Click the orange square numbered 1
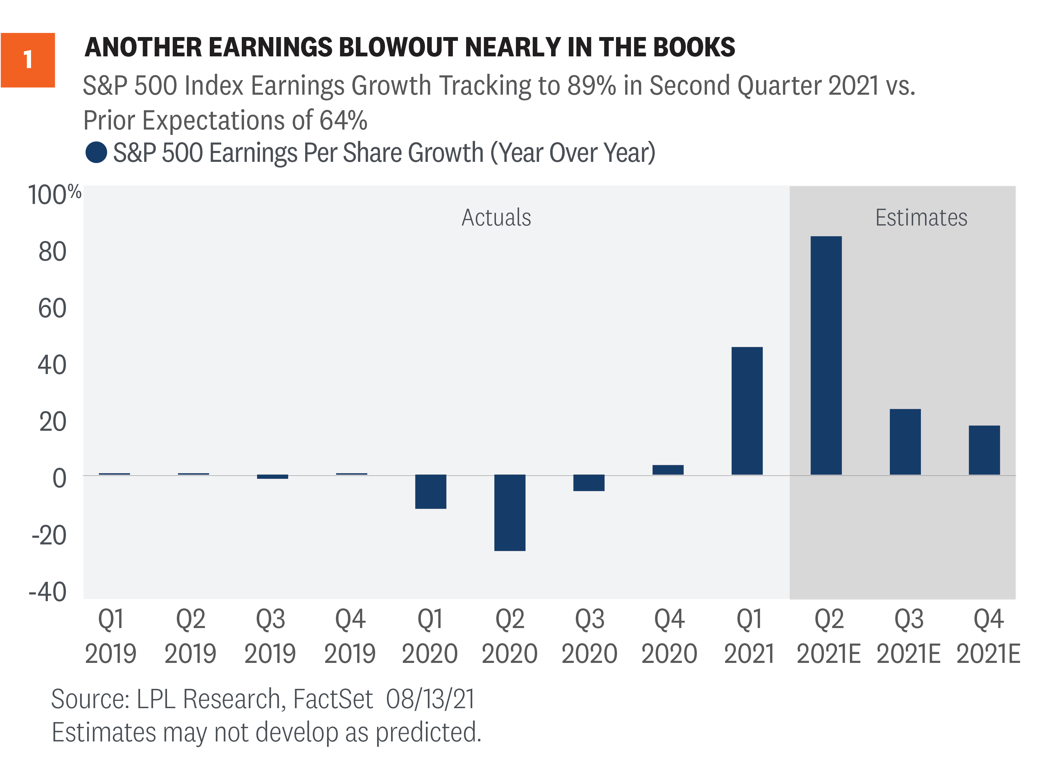(x=28, y=60)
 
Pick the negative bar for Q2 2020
(x=510, y=512)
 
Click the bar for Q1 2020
(x=430, y=491)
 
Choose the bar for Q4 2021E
(x=984, y=450)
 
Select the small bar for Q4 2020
(x=668, y=470)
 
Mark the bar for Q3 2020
(x=588, y=483)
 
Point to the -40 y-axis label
(x=48, y=592)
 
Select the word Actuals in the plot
(x=496, y=217)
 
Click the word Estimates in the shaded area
(x=921, y=217)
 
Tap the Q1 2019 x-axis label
(x=110, y=636)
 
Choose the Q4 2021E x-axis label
(x=988, y=636)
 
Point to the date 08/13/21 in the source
(x=430, y=699)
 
